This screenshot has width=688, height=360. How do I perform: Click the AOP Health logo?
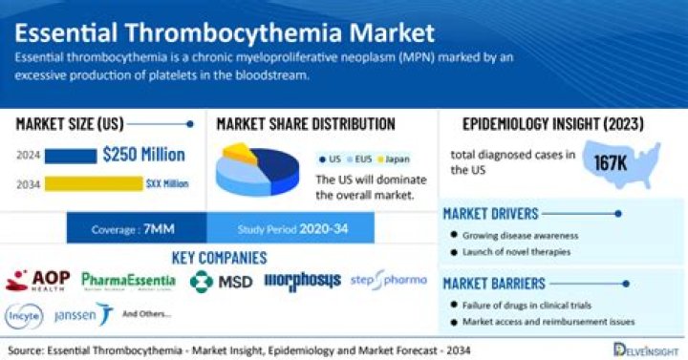(39, 280)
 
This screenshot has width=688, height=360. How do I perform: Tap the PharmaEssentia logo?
(128, 280)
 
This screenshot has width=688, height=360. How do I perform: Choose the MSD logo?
(219, 281)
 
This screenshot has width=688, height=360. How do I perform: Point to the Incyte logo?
(24, 313)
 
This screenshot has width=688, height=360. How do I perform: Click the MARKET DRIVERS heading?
(491, 214)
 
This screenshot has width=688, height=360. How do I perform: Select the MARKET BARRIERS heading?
(493, 284)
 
